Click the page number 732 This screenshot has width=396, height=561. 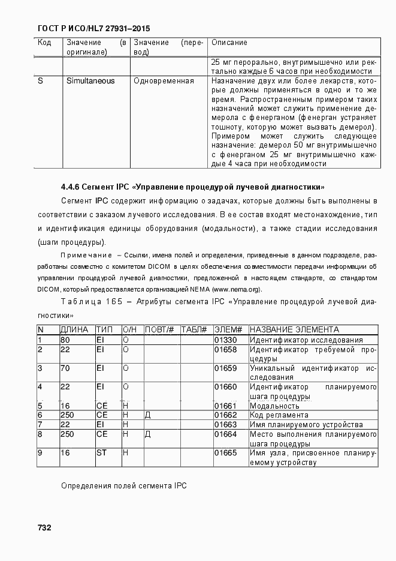click(x=44, y=527)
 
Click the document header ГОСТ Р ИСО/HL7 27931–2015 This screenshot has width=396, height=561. click(x=93, y=28)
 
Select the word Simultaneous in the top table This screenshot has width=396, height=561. click(x=90, y=81)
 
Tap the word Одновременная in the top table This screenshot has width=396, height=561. click(x=164, y=81)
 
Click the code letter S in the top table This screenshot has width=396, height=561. click(x=40, y=81)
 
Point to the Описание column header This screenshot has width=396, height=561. click(x=229, y=43)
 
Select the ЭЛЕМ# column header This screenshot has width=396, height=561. click(x=228, y=330)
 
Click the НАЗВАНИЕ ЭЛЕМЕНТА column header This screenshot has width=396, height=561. click(x=294, y=330)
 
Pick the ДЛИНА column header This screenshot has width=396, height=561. click(x=74, y=330)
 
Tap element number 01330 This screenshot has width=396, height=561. click(x=225, y=340)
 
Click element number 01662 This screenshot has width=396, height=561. click(x=225, y=415)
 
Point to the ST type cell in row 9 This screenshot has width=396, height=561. click(x=101, y=453)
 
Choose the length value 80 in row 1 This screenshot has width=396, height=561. click(x=65, y=340)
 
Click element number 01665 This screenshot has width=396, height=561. click(x=225, y=453)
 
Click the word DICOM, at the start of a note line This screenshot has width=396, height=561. click(x=49, y=289)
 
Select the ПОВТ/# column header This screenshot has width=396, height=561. click(x=159, y=330)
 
